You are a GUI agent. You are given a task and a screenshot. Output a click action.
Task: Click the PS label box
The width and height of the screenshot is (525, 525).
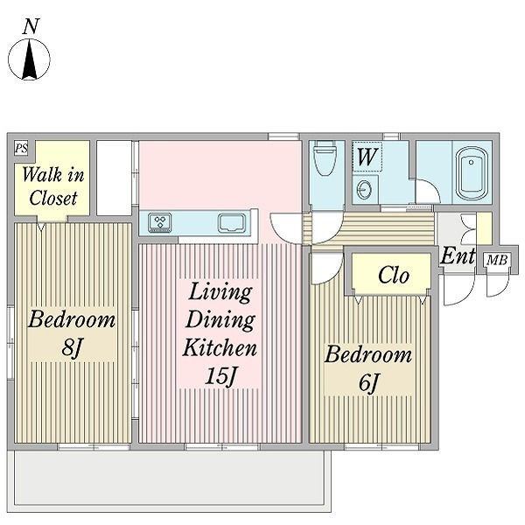(21, 148)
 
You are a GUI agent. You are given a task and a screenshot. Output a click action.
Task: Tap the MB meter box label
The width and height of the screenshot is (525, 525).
(497, 260)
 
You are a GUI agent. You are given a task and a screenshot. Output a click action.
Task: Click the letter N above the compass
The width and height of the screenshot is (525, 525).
(31, 26)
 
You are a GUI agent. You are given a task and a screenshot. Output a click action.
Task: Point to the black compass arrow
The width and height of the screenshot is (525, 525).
(30, 59)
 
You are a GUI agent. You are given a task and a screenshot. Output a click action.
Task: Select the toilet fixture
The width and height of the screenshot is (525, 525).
(324, 158)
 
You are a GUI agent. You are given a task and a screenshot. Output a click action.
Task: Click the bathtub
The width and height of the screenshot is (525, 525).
(472, 173)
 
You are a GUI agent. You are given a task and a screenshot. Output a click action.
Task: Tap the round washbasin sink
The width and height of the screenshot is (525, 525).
(364, 190)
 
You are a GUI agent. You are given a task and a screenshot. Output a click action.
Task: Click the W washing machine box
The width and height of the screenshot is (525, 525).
(367, 157)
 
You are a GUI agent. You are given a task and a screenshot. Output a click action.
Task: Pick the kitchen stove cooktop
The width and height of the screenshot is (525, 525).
(160, 222)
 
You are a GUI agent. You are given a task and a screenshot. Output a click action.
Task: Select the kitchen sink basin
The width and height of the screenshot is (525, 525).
(232, 223)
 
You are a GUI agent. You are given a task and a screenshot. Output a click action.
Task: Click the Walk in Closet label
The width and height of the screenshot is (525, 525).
(52, 186)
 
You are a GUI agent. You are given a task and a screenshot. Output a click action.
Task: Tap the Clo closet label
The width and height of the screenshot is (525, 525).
(394, 276)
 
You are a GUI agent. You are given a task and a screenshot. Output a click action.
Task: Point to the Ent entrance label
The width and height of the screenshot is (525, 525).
(458, 256)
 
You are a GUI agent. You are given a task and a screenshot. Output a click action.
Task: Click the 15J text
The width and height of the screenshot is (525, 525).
(220, 376)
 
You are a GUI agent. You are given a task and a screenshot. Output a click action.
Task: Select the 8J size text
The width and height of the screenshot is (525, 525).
(72, 347)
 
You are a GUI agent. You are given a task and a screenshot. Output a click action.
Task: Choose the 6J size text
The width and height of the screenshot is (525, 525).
(368, 382)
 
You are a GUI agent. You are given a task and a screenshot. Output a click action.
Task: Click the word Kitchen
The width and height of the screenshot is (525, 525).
(220, 348)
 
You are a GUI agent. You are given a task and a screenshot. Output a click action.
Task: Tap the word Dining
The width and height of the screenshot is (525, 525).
(220, 319)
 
